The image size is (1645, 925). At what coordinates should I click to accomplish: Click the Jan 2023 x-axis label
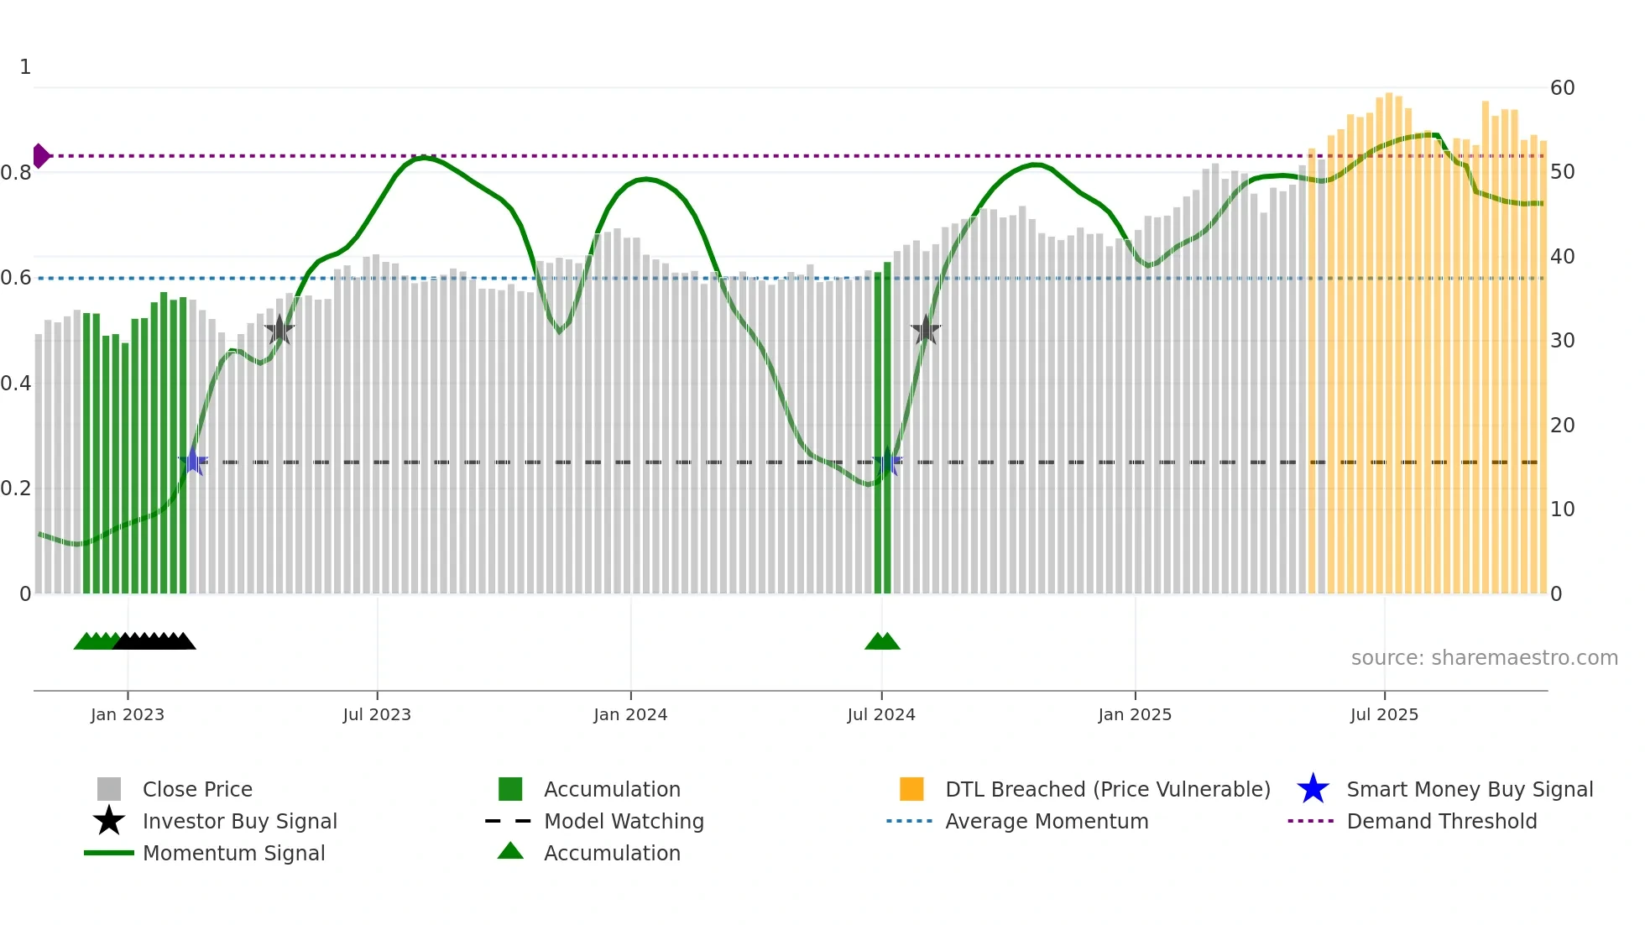128,714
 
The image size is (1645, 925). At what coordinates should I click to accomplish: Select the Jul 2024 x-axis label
881,714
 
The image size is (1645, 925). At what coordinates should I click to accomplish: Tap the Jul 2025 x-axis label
1384,714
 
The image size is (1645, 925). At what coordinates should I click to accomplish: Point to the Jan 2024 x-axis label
630,714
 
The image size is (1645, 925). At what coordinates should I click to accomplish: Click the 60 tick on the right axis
1562,88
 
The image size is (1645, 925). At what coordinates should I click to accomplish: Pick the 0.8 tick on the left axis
17,173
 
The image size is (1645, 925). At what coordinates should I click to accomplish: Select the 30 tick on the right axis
1562,341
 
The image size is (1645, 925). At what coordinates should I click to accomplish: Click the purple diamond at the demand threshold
40,156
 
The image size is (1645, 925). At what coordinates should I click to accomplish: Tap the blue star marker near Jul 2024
888,462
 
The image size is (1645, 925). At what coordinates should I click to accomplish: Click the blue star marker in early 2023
193,462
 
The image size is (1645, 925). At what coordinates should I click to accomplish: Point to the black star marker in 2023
279,331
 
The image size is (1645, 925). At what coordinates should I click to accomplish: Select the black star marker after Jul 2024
926,331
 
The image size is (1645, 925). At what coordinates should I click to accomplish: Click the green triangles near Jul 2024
882,642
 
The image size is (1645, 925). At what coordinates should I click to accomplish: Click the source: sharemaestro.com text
1484,658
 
